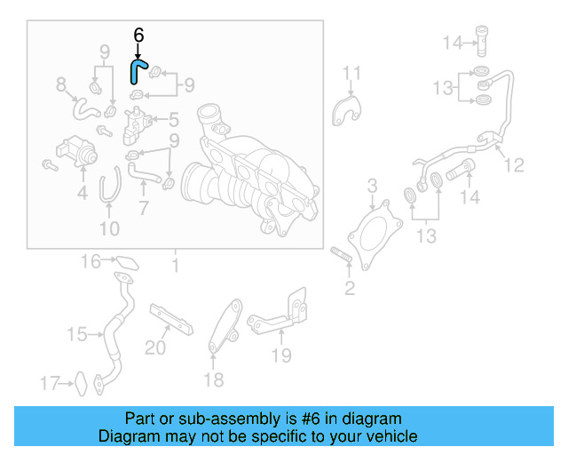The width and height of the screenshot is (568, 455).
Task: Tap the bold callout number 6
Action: click(138, 36)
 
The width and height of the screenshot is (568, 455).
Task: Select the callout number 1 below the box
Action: click(175, 265)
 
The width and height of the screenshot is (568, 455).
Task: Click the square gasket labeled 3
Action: click(371, 231)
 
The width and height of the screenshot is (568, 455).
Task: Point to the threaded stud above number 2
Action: click(342, 259)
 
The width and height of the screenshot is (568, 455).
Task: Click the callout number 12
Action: click(514, 164)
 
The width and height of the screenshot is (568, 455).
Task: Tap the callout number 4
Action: click(82, 191)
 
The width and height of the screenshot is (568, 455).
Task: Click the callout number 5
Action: click(173, 118)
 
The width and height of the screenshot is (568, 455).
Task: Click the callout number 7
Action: click(142, 208)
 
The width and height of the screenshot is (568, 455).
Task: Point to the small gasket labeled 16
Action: click(127, 263)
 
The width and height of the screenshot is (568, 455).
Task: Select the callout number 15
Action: click(77, 334)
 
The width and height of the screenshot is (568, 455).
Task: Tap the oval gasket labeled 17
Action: click(79, 383)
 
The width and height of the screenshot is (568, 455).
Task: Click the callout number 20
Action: click(155, 347)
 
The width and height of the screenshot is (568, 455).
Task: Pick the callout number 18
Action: click(214, 381)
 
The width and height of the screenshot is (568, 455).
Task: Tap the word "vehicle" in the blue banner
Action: click(390, 436)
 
